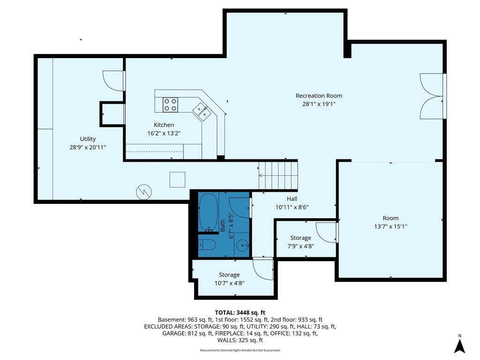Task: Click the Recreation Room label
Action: tap(319, 96)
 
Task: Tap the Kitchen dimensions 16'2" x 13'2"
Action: tap(164, 133)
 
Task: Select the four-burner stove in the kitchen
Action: tap(170, 105)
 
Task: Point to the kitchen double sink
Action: tap(202, 111)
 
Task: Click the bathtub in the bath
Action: tap(209, 212)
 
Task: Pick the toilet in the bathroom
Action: tap(208, 245)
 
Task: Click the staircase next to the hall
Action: tap(278, 176)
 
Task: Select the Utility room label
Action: tap(88, 139)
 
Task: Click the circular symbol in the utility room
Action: tap(144, 192)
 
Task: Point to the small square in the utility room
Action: tap(178, 180)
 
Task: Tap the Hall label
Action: tap(292, 199)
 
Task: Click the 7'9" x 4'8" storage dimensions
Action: tap(300, 246)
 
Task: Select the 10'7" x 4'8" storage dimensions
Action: tap(229, 283)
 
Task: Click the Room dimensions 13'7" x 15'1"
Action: tap(390, 226)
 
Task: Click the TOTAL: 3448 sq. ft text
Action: tap(240, 313)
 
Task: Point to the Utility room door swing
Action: tap(114, 81)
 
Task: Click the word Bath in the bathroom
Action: tap(223, 225)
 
